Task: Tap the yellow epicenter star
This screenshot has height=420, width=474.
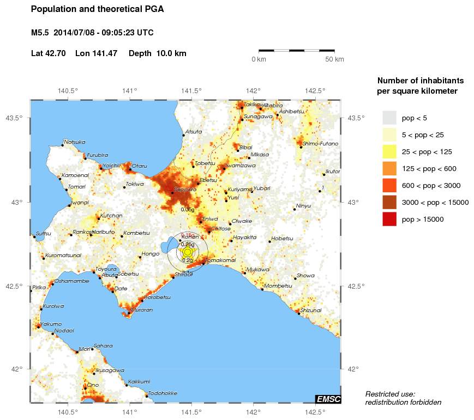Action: (x=188, y=252)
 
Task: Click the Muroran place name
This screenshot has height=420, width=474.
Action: (x=141, y=309)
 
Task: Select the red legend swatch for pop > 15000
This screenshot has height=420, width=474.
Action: (x=389, y=219)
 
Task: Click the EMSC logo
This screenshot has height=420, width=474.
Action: (x=328, y=399)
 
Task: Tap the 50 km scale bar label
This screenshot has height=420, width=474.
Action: (x=334, y=59)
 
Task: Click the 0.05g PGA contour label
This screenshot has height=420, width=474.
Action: (x=187, y=209)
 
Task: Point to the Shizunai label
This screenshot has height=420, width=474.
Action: (x=311, y=310)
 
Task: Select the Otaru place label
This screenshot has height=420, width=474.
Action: (x=139, y=166)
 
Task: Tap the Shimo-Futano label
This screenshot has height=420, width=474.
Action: (x=320, y=144)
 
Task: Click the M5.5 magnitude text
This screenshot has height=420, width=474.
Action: (x=40, y=33)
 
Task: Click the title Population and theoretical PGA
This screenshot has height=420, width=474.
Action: (x=97, y=9)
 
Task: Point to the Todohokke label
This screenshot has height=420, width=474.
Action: (x=163, y=393)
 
